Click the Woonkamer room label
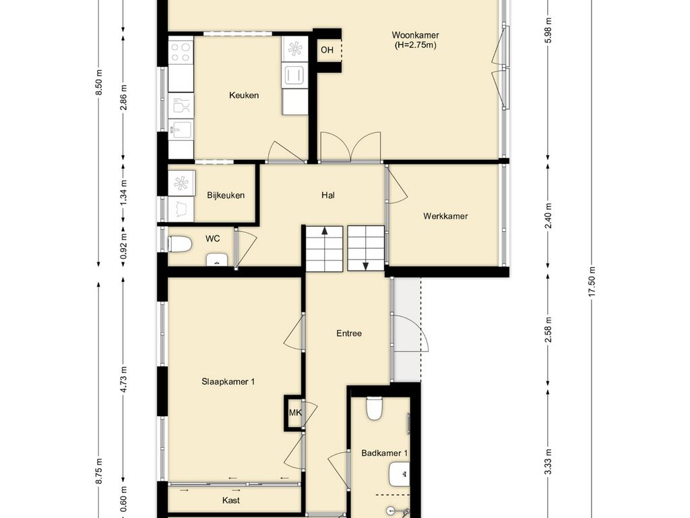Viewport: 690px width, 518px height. (415, 35)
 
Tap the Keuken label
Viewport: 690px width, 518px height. (244, 95)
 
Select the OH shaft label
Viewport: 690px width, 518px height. (327, 50)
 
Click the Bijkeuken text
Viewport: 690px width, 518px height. (226, 195)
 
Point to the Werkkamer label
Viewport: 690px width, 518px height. (445, 216)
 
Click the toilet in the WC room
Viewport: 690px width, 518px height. (180, 244)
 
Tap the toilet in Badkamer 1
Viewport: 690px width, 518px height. (375, 408)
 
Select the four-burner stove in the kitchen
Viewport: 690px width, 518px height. (181, 51)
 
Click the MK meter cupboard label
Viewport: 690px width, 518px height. (295, 413)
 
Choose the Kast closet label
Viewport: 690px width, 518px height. (231, 500)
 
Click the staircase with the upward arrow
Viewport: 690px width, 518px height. (324, 249)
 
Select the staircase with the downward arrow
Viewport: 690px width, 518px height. (366, 248)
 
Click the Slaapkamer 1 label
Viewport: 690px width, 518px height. (228, 382)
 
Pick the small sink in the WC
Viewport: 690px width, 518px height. (217, 260)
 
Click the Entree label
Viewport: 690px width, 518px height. (349, 333)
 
